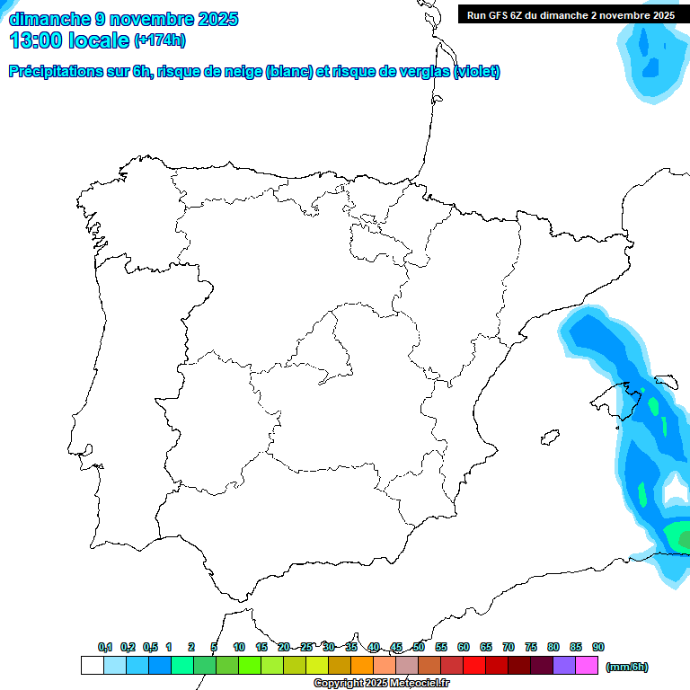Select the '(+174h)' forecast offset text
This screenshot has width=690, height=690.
[159, 40]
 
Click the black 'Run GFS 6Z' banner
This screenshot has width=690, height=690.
[571, 15]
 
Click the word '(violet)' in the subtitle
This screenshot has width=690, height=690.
[477, 72]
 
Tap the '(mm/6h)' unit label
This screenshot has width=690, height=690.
[626, 667]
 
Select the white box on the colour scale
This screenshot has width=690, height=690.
[92, 665]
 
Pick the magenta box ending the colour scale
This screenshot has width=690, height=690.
[587, 665]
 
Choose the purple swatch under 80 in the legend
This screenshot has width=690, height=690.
[564, 665]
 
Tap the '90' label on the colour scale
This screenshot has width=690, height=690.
[598, 647]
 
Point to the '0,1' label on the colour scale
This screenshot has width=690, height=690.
[105, 647]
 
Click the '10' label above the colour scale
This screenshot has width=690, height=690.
[239, 647]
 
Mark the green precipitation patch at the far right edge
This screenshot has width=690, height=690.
[680, 538]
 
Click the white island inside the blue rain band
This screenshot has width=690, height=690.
[673, 491]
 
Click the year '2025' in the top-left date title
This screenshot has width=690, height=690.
[218, 19]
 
